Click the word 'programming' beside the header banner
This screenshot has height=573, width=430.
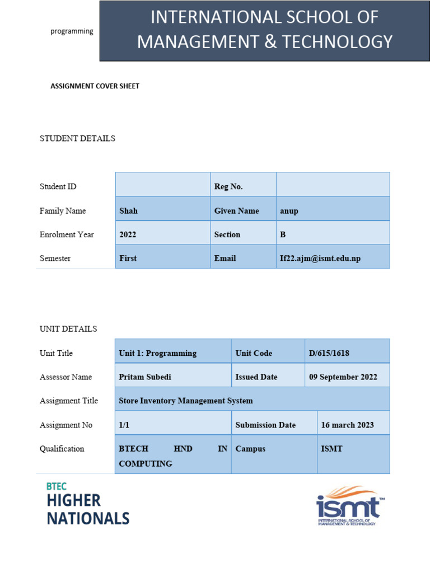(x=72, y=31)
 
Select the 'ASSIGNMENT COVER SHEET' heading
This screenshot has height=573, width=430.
(x=95, y=86)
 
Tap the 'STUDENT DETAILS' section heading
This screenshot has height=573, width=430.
(x=77, y=138)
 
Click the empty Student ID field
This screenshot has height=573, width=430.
(x=162, y=185)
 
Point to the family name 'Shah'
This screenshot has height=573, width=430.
(x=128, y=211)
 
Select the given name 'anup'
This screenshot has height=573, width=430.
(x=289, y=211)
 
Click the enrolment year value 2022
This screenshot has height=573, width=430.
(x=128, y=234)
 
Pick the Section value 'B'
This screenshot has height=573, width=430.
(x=283, y=234)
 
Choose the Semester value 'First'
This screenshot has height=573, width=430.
(x=128, y=258)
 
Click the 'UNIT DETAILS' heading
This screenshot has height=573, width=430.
(x=68, y=328)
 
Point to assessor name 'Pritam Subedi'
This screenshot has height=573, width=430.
(x=145, y=377)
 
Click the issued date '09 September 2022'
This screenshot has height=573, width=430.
(x=343, y=377)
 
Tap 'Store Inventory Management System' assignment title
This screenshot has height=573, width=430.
(x=186, y=401)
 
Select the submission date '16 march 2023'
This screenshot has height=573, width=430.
(x=347, y=425)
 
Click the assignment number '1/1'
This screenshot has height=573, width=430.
(x=124, y=425)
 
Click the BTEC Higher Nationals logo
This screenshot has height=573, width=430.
(x=87, y=504)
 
